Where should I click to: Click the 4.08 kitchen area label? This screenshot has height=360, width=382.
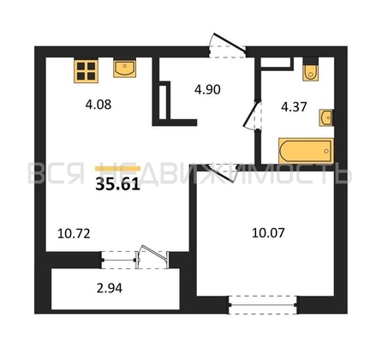pos(98,105)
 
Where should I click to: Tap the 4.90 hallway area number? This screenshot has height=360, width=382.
pos(207,90)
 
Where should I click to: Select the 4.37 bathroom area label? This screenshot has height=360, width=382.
pos(294,107)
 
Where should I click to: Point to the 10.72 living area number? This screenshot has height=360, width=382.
pos(74,234)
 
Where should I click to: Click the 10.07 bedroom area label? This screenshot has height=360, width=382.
pos(268,233)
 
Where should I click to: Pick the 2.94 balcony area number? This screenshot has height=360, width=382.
pos(110,288)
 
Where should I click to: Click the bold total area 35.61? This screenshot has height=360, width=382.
pos(117,184)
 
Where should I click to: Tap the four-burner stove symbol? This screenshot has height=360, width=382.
pos(86,71)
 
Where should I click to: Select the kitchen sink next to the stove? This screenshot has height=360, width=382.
pos(124,68)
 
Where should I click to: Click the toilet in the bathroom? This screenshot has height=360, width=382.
pos(311,70)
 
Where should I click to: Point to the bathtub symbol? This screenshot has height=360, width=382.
pos(306,151)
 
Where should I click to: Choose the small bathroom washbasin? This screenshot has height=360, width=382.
pos(326,117)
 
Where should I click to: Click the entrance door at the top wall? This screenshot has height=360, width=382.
pos(228,43)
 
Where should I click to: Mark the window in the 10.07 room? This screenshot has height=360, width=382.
pos(263,305)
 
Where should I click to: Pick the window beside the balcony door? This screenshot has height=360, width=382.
pos(119,260)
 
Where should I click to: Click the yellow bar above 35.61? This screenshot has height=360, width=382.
pos(117,169)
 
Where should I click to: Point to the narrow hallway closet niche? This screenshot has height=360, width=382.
pos(163,100)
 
